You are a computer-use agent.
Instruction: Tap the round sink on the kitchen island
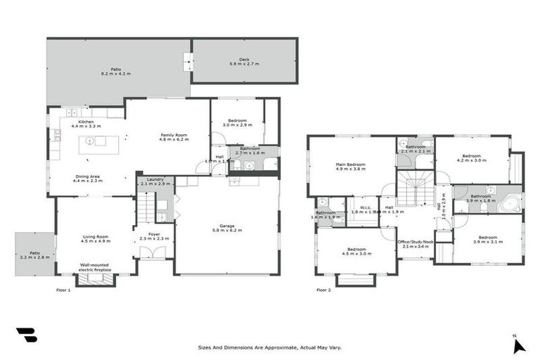[89, 141]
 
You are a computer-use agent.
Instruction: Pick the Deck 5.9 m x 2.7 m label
[244, 61]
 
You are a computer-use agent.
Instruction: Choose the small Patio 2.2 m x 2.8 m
[34, 255]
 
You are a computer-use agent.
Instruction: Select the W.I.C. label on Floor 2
[363, 209]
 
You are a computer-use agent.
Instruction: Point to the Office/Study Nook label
[416, 244]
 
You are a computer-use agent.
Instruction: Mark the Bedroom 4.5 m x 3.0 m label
[356, 251]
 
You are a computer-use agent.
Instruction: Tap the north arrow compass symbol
[518, 344]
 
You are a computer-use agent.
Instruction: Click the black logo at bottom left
[26, 335]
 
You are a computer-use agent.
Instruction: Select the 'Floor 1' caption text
[63, 290]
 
